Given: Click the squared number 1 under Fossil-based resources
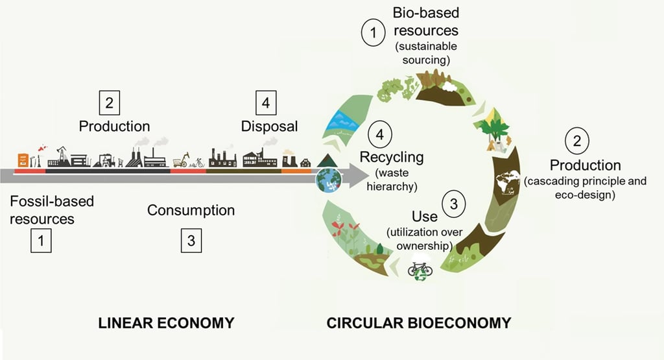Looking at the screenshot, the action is coord(41,241).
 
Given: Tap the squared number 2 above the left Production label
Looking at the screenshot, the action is coord(109,102).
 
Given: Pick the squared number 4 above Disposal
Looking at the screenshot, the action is coord(266,102).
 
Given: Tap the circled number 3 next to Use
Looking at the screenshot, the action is coord(454,204).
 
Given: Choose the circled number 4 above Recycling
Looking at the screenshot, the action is coord(380,136).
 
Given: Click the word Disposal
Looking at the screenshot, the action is coord(270,126).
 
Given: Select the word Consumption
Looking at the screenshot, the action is coord(191,210).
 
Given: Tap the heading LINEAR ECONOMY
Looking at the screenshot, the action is coord(166,322).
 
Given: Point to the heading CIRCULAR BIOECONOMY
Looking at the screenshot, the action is coord(419,322).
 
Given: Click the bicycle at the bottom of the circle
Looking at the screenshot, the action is coord(420,268).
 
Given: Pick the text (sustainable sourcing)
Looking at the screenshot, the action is coord(426,53).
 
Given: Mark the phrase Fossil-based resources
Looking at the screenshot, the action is coord(52,210).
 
